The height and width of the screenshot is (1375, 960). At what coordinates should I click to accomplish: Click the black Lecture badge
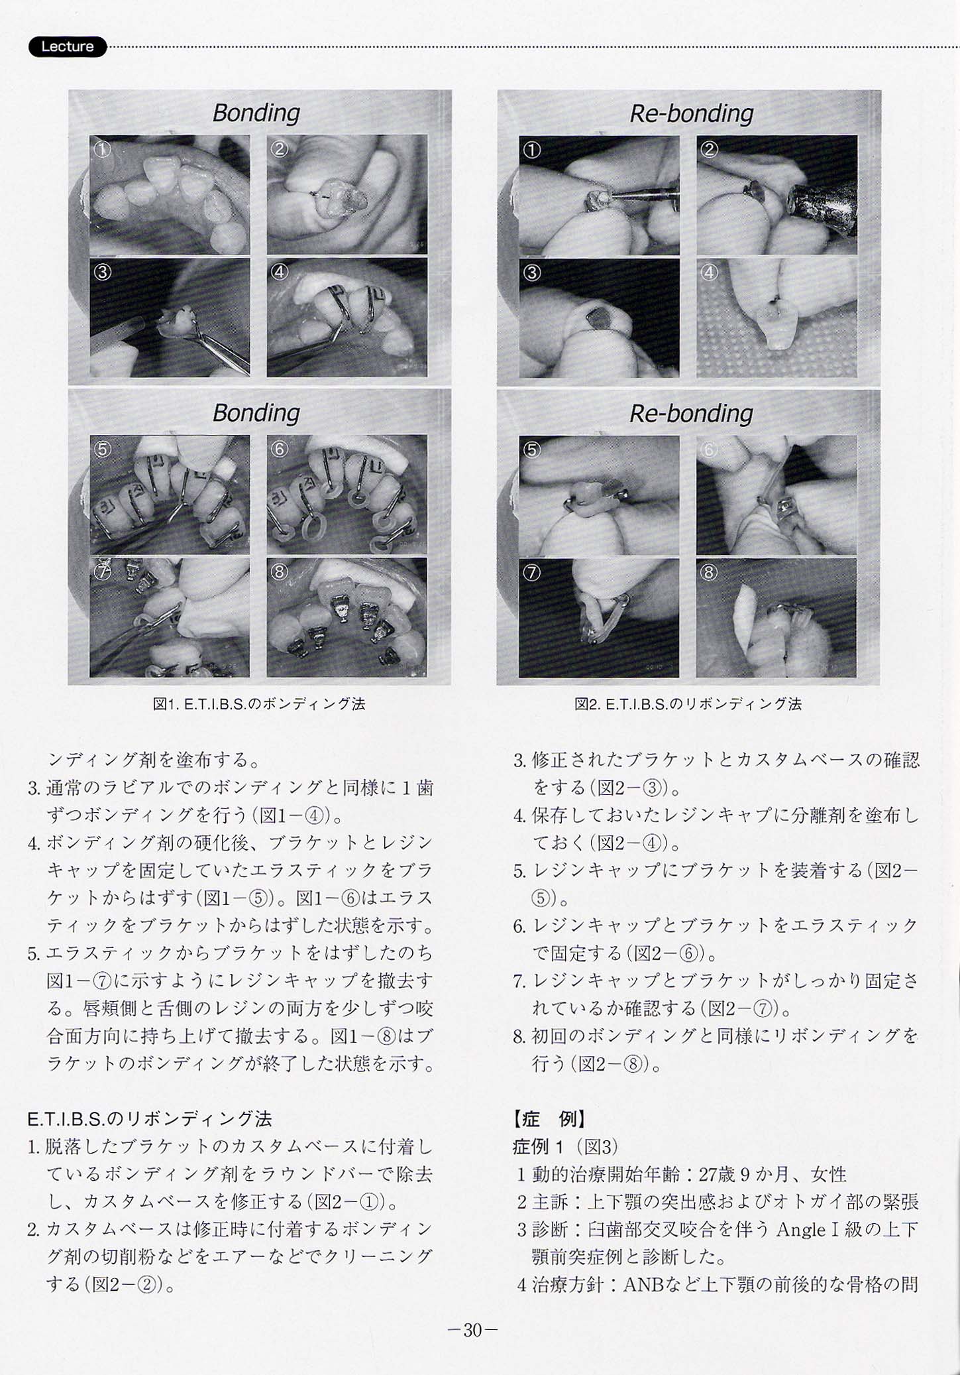(67, 46)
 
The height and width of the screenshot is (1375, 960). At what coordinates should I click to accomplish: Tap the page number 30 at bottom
(472, 1330)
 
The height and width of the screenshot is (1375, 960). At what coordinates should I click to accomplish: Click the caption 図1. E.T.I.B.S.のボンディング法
(259, 704)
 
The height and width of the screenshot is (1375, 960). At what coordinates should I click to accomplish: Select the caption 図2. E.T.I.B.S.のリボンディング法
(688, 704)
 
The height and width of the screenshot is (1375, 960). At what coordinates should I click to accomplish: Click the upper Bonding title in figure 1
(256, 113)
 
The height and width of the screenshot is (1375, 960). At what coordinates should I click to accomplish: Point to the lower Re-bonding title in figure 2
(691, 414)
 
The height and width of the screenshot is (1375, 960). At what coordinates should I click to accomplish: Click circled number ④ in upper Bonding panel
(280, 272)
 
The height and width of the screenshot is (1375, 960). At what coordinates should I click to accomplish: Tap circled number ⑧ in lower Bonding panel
(280, 571)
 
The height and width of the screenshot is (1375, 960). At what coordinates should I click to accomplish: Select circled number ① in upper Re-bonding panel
(531, 150)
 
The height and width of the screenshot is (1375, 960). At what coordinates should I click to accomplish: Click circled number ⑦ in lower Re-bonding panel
(531, 572)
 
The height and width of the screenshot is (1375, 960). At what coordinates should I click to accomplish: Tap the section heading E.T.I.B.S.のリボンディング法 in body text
(150, 1119)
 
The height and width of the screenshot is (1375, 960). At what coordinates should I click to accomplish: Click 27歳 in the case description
(716, 1174)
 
